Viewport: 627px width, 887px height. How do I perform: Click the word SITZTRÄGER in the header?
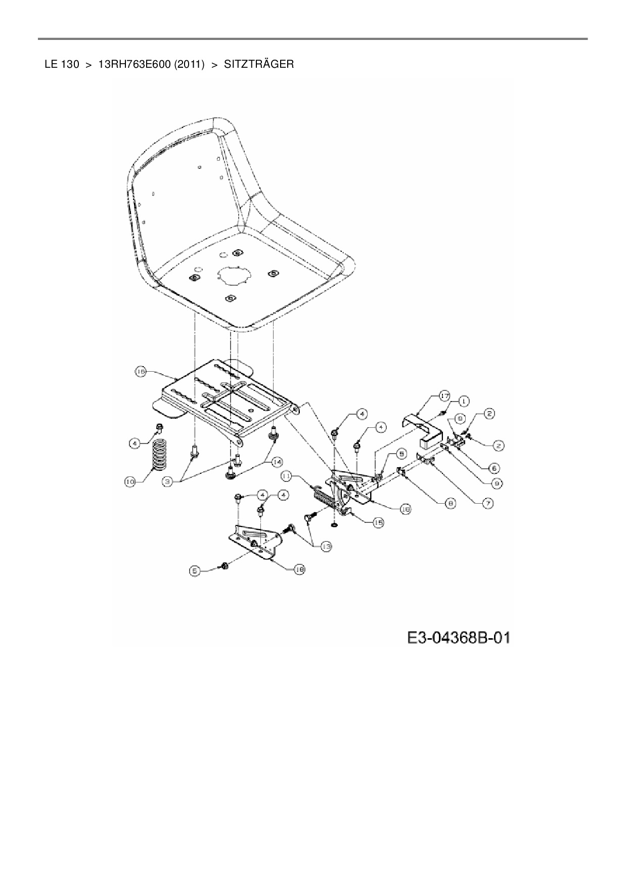tap(258, 64)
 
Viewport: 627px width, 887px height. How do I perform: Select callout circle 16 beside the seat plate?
tap(140, 372)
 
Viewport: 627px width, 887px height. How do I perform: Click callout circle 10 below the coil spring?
tap(130, 482)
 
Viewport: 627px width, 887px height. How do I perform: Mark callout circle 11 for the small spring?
tap(287, 476)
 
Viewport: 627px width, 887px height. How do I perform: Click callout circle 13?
tap(326, 546)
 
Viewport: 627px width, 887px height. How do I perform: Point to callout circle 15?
tap(378, 522)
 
